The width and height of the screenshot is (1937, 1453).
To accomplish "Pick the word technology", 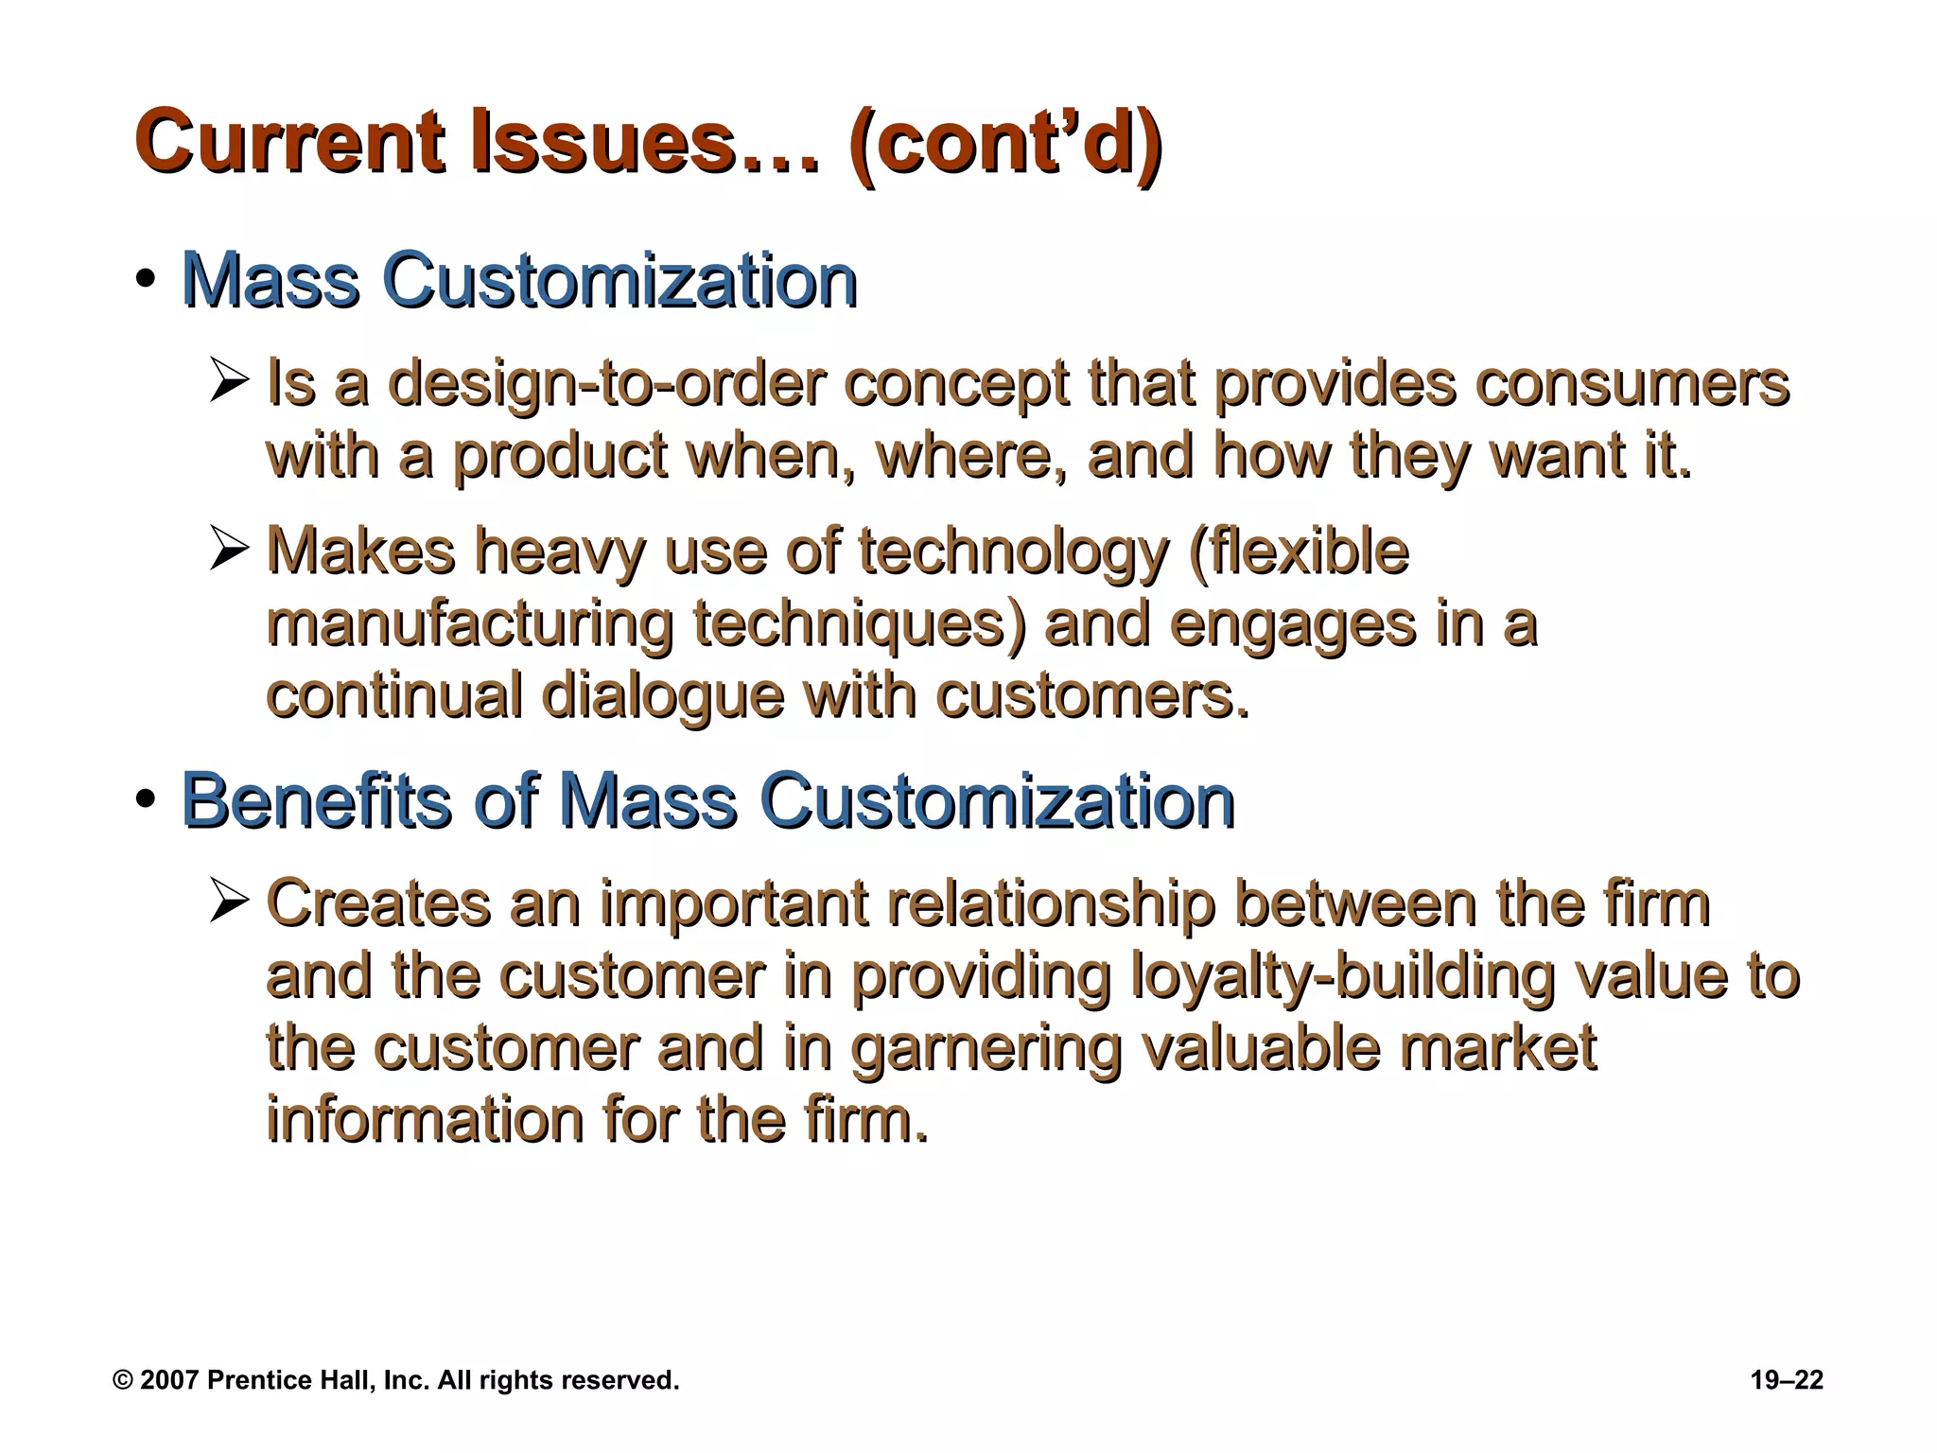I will click(1013, 552).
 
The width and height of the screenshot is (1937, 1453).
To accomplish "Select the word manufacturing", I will click(469, 624).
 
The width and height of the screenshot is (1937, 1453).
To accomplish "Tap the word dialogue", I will click(662, 696).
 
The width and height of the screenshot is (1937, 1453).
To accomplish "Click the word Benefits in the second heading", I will click(316, 800).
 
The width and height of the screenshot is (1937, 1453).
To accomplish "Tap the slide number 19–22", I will click(1787, 1380).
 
